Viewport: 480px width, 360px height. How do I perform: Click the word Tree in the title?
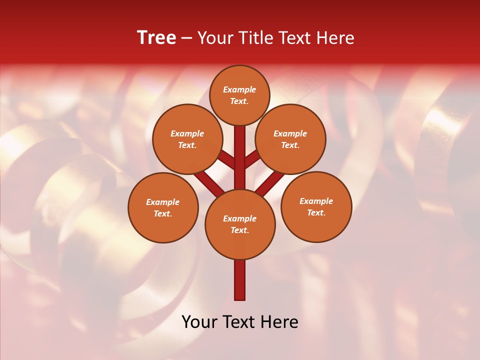156,38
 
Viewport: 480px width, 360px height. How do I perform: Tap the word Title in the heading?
254,38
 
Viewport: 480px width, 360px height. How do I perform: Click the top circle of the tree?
239,95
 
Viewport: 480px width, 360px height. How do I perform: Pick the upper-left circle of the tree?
187,139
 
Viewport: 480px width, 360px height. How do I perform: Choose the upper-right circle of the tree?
290,139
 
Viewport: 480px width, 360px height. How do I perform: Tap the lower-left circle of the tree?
163,207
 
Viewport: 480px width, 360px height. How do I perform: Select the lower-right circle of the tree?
316,206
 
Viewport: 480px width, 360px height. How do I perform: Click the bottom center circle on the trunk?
240,224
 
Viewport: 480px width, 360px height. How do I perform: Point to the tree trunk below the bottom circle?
240,280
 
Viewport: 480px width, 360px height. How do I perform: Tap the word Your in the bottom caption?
198,322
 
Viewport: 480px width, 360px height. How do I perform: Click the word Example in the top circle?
239,89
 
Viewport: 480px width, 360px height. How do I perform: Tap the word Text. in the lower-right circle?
316,212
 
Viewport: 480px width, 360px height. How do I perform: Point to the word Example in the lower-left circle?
163,202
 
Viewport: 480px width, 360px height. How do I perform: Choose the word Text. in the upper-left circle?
187,145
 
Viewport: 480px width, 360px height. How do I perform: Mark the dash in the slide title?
186,38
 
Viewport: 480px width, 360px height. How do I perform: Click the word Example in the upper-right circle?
290,133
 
